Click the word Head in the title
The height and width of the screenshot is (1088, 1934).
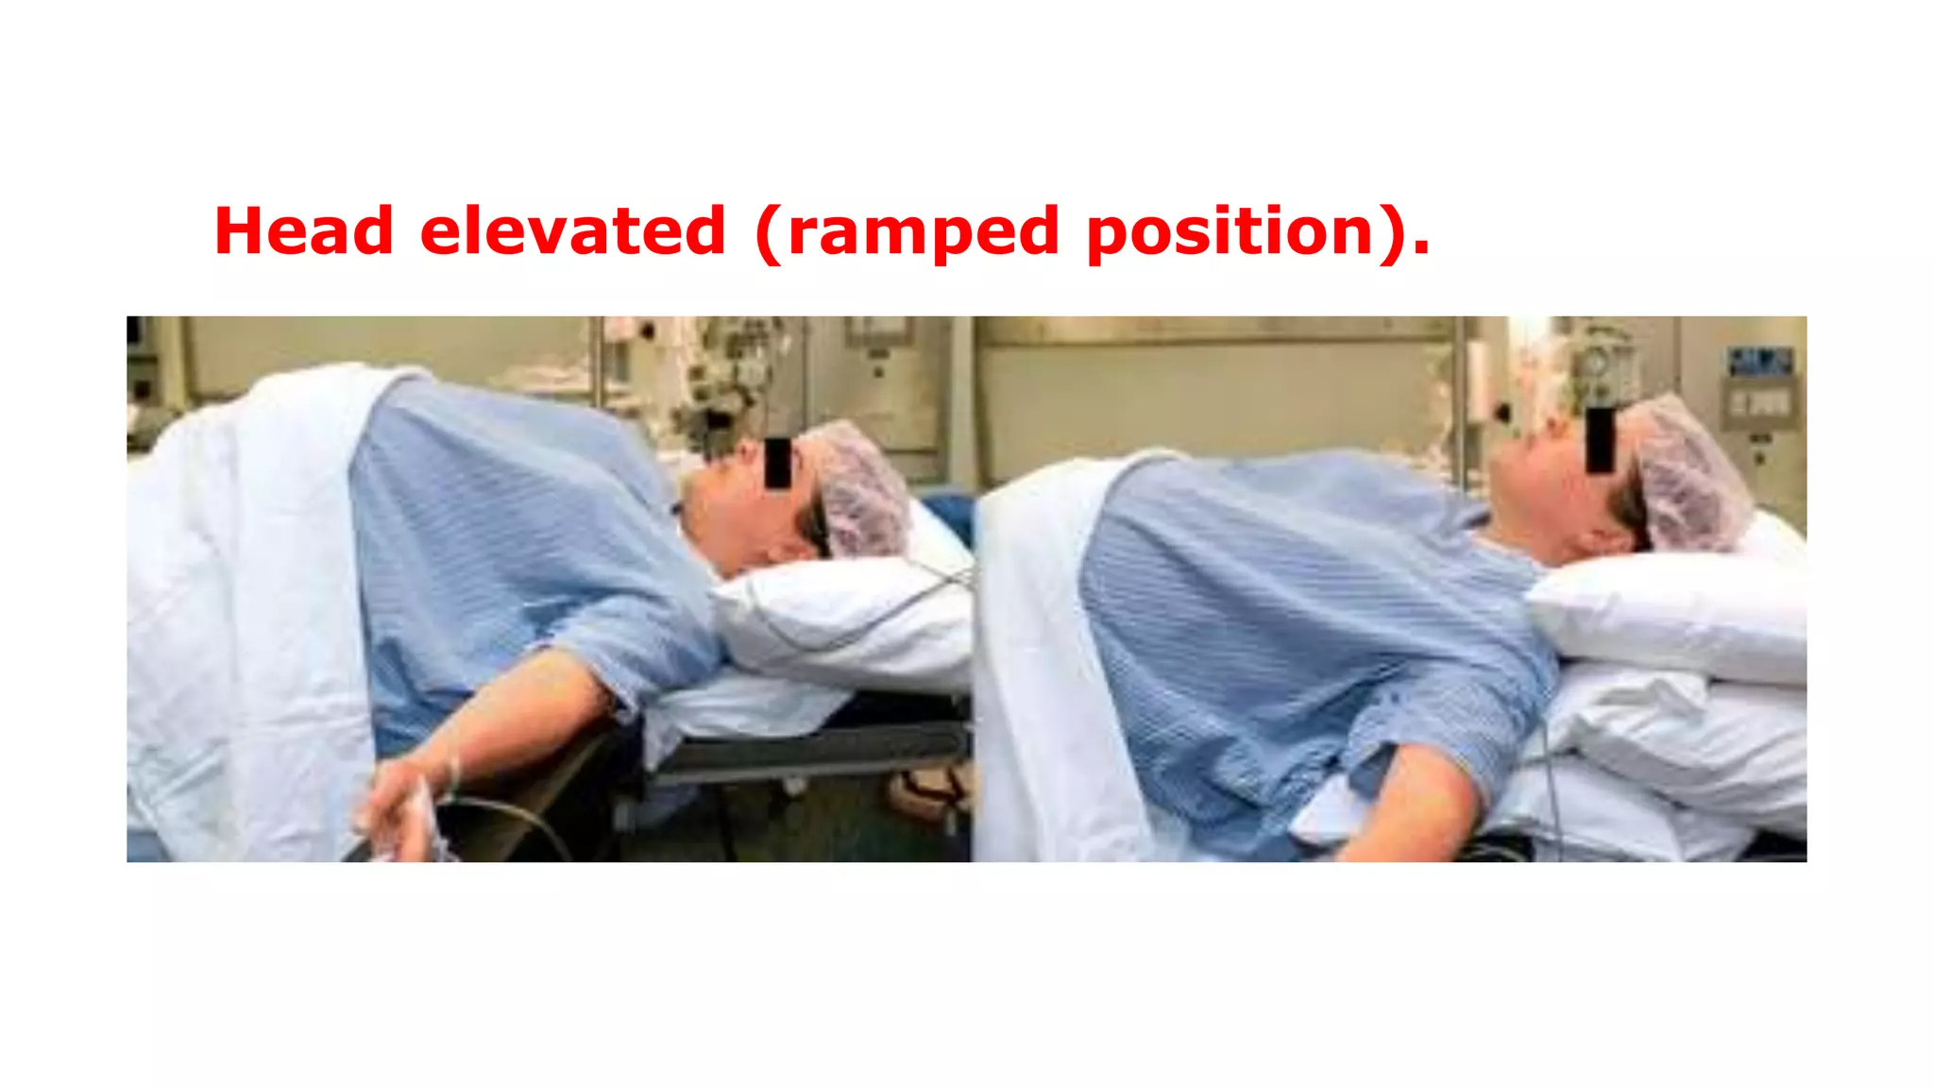[x=303, y=231]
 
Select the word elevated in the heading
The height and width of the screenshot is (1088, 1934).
[x=572, y=231]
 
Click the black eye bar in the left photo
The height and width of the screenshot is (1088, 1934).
[x=777, y=463]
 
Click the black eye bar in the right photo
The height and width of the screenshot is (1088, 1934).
[x=1599, y=439]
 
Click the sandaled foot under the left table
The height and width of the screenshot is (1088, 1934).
[x=930, y=789]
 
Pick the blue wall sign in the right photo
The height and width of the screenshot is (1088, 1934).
[x=1759, y=361]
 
